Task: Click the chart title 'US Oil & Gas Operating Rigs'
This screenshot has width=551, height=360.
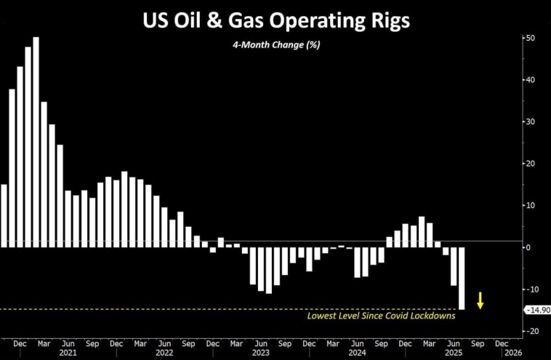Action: point(275,20)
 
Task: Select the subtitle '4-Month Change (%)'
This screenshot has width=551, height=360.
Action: point(275,44)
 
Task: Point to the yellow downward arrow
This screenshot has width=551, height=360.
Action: point(480,299)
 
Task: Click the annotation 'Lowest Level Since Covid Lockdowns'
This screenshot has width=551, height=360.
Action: point(382,316)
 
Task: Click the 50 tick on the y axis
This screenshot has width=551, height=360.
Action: point(531,38)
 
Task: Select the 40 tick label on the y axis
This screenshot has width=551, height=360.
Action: point(531,80)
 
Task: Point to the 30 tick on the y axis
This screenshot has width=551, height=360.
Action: point(531,121)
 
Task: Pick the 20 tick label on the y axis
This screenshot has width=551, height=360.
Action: point(531,164)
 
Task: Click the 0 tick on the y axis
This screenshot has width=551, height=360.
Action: point(529,247)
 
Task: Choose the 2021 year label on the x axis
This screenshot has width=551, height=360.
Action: point(68,352)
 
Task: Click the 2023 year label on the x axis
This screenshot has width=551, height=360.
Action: point(260,352)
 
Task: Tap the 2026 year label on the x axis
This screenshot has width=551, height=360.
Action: point(512,352)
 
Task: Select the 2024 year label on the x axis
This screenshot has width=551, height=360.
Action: point(356,352)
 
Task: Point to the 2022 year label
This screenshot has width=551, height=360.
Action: point(164,352)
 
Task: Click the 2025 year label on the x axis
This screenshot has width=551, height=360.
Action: point(452,352)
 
